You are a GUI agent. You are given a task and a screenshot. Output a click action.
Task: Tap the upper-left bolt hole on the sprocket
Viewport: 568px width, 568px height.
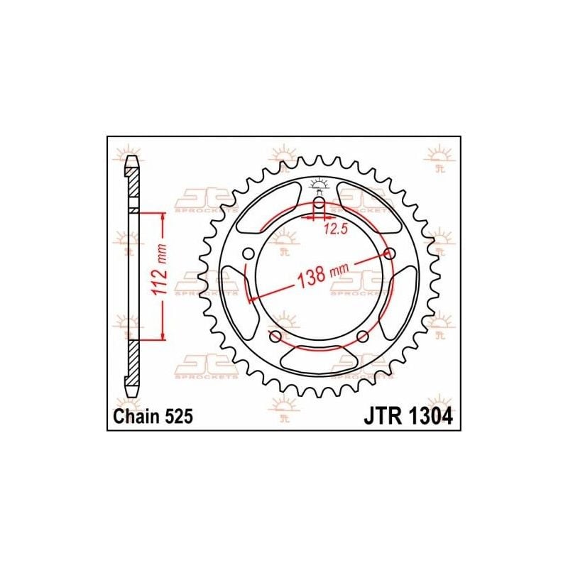click(x=247, y=254)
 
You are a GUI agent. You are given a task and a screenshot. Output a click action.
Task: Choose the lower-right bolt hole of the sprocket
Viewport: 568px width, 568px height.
click(x=362, y=336)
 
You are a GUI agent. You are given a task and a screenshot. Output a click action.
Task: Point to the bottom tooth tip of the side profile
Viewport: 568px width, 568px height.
click(x=131, y=395)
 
